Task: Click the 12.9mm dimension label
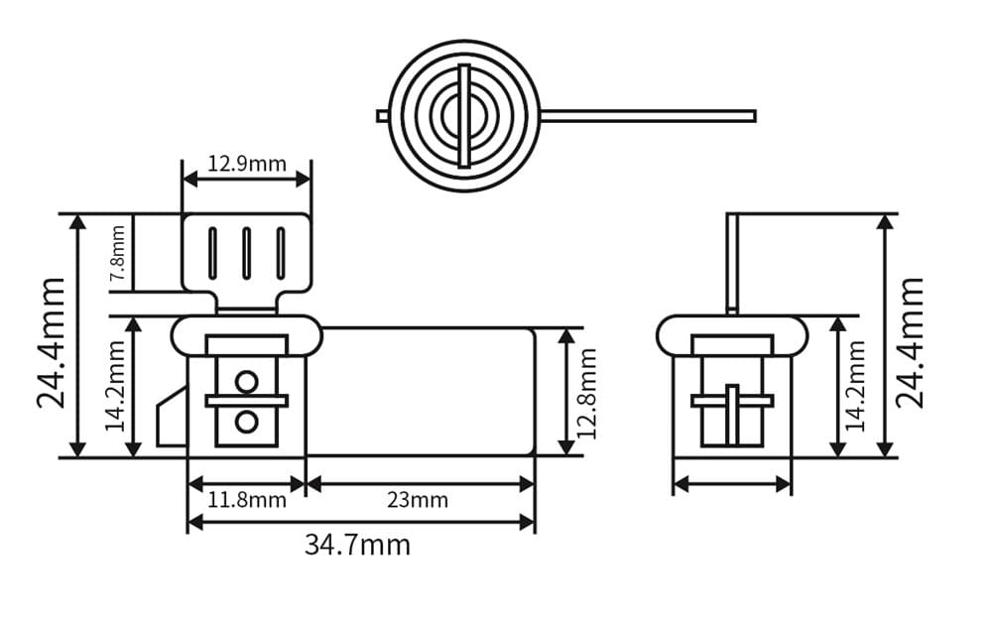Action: [247, 164]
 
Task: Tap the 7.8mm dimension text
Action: [117, 252]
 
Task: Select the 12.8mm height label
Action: [586, 393]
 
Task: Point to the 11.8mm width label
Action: [247, 500]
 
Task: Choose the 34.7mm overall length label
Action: [357, 545]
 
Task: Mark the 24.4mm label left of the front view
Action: [52, 342]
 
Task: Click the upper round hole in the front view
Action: [247, 381]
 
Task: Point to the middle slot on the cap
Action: [246, 253]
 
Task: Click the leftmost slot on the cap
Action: [212, 253]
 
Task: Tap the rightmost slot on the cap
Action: [281, 253]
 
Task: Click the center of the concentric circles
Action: [463, 116]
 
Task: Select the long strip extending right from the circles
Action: [645, 116]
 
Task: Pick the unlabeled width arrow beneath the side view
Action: [732, 484]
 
